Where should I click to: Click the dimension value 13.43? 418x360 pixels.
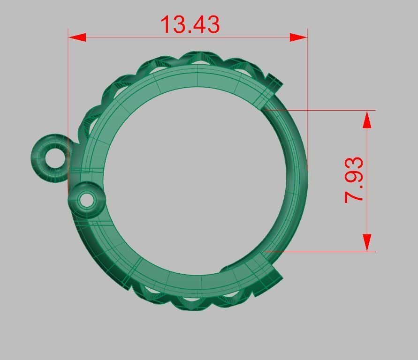[190, 24]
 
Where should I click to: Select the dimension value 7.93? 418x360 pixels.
[354, 180]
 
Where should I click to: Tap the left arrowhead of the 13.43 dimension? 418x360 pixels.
[77, 37]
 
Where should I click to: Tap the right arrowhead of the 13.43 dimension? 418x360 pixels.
[298, 37]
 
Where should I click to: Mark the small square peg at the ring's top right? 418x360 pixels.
[275, 81]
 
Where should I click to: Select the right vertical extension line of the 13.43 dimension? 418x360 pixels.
[307, 94]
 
